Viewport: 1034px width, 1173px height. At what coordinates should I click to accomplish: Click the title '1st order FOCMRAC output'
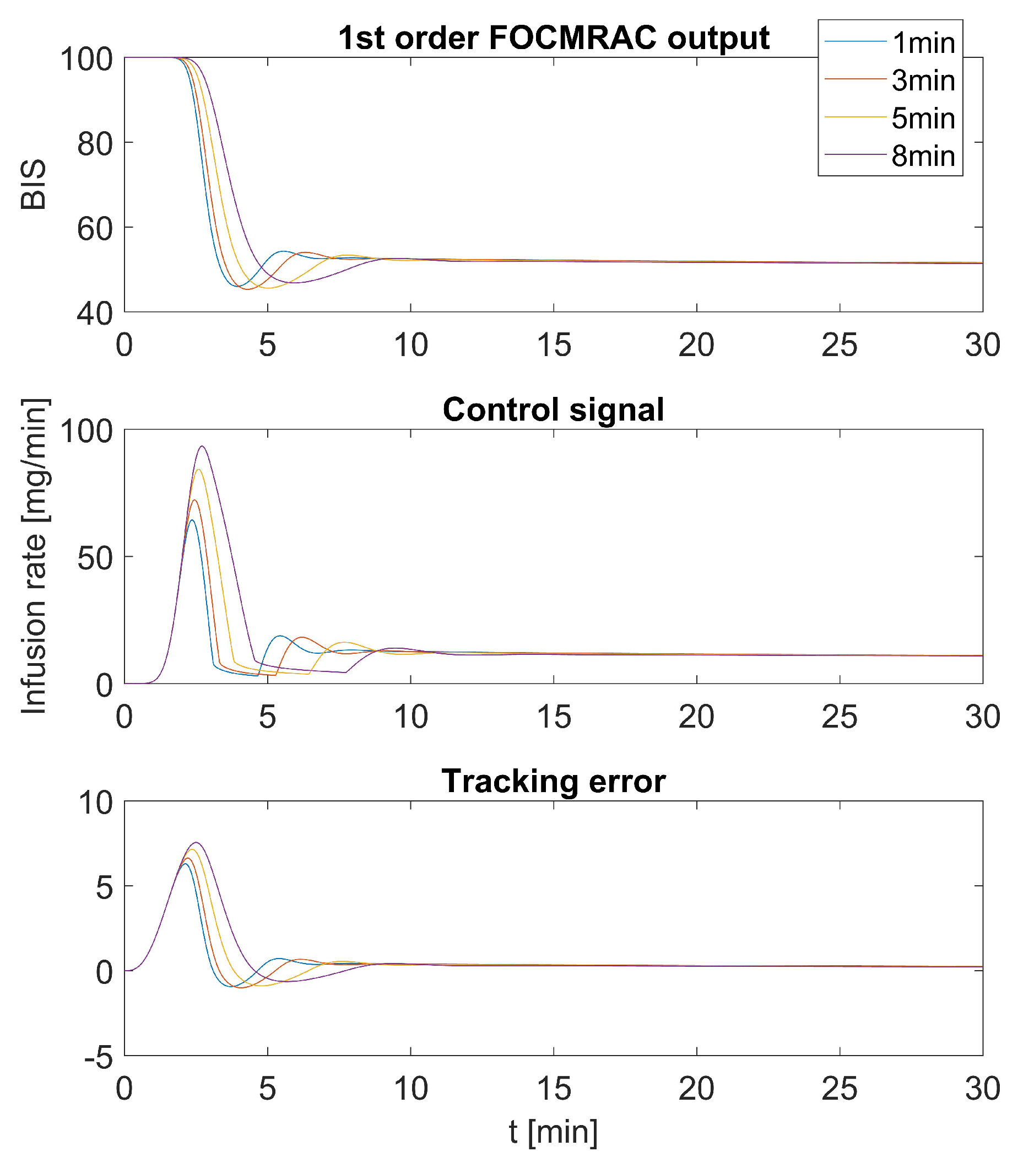[553, 39]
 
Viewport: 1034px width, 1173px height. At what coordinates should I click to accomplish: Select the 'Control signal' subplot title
[553, 410]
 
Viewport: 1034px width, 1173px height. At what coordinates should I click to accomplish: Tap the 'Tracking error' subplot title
[553, 781]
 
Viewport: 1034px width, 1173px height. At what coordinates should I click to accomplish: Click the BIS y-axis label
[33, 185]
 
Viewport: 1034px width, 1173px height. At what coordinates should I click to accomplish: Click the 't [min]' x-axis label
[553, 1132]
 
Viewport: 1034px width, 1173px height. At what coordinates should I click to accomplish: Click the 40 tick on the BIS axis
[95, 313]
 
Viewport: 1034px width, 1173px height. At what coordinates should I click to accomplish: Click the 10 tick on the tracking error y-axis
[96, 802]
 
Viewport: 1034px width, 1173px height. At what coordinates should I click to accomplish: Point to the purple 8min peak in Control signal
[202, 446]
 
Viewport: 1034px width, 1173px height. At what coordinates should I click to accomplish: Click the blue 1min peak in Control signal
[192, 520]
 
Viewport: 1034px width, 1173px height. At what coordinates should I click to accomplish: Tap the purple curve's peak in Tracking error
[196, 842]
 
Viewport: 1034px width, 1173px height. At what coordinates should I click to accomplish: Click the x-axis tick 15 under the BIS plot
[554, 346]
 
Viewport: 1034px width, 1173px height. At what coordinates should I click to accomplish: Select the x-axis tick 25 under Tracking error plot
[839, 1089]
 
